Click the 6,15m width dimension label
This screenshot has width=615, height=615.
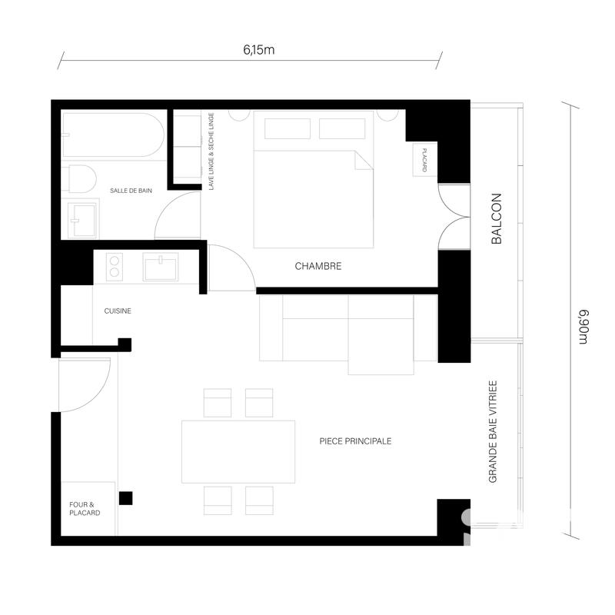point(259,51)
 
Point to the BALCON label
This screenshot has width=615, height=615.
point(496,219)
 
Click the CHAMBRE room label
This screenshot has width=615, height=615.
point(317,267)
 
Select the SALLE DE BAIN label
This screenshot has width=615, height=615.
point(131,191)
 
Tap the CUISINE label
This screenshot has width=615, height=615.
point(118,311)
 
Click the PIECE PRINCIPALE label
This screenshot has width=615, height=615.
point(356,441)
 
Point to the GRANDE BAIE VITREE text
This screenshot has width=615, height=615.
point(494,431)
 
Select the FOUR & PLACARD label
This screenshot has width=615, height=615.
point(85,508)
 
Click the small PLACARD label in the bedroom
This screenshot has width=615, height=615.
point(424,160)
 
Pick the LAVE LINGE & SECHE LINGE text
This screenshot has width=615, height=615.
point(211,151)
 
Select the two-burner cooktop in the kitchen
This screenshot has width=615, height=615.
point(114,266)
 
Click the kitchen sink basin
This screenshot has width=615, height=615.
point(160,267)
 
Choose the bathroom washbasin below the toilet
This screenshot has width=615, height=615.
point(81,221)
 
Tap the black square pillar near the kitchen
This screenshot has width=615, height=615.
point(124,344)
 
